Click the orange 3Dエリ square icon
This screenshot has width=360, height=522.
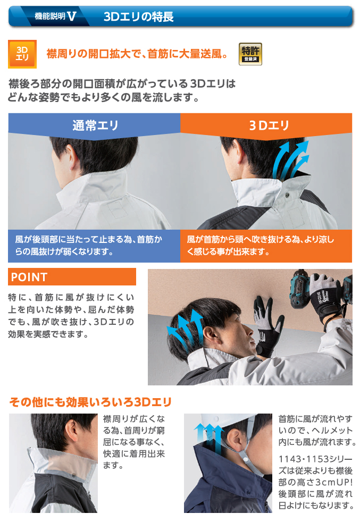coord(22,54)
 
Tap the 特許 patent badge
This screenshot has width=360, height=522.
coord(250,54)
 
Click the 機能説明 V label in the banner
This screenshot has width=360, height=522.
coord(55,16)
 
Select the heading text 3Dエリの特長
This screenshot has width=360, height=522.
coord(139,16)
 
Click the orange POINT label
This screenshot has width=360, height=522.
coord(72,276)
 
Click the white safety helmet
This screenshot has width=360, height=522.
coord(230,421)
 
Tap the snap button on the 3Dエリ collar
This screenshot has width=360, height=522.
coord(287,195)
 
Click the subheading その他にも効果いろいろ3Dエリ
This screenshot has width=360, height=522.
coord(90,402)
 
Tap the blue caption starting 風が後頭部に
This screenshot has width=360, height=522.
coord(89,246)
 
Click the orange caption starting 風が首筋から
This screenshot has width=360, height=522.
coord(261,246)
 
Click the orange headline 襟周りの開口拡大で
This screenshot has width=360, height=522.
coord(137,54)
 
